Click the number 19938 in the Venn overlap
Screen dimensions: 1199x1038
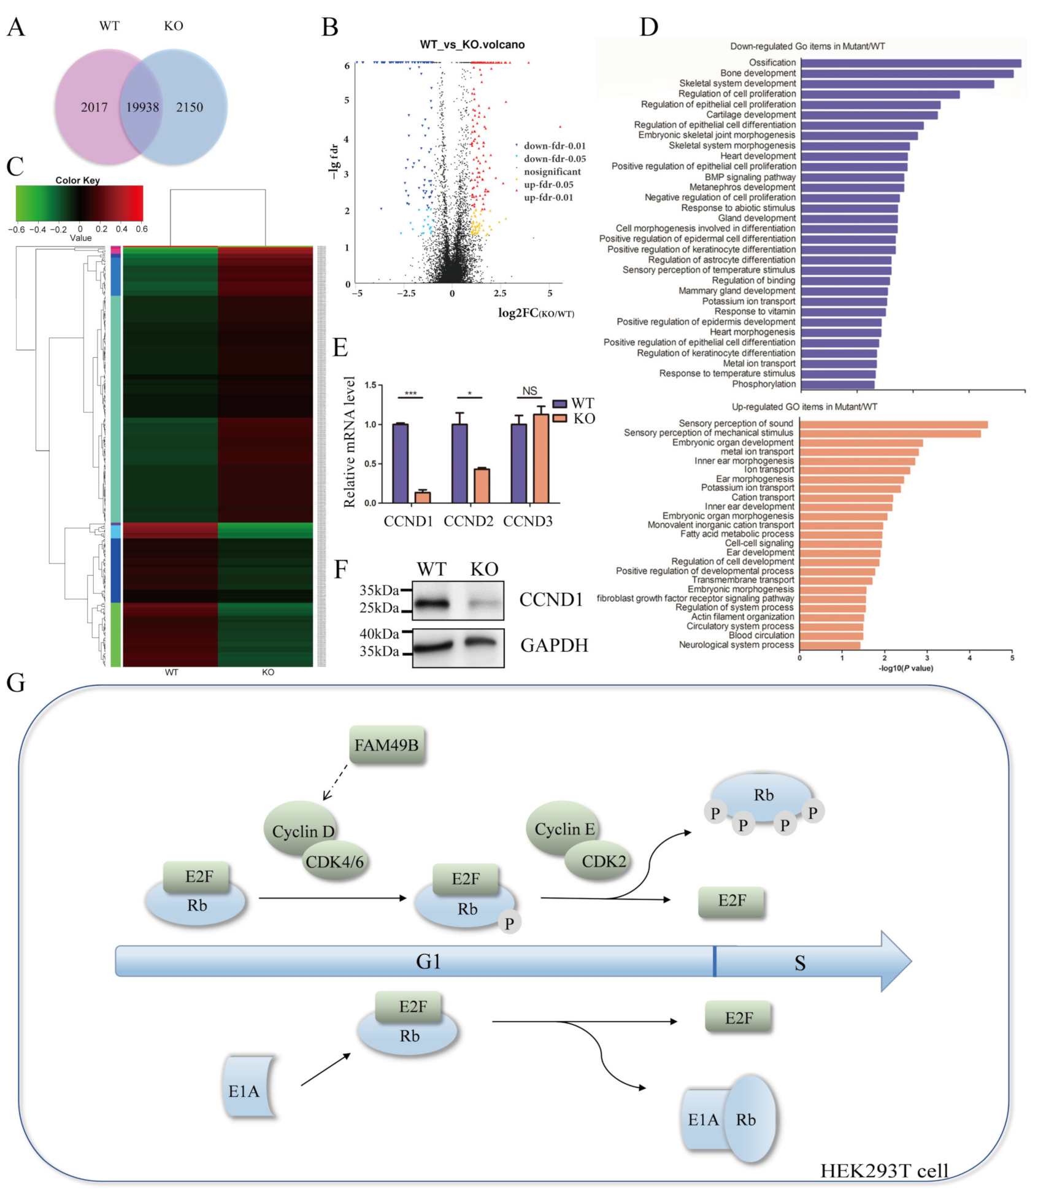(142, 107)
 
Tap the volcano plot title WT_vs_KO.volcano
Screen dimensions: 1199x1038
(472, 45)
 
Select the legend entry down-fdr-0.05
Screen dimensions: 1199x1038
(554, 159)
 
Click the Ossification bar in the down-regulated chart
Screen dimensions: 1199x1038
(910, 63)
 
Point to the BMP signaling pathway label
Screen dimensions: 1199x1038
(750, 177)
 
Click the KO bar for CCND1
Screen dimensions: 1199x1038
(422, 497)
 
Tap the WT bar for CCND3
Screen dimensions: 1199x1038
(519, 463)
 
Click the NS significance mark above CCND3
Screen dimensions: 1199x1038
(529, 391)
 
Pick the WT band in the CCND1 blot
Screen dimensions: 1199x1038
(433, 603)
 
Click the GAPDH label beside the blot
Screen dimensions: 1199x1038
(554, 645)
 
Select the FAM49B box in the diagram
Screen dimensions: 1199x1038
(386, 746)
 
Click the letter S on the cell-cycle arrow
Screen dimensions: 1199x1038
(799, 963)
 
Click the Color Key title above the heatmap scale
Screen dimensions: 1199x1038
(77, 180)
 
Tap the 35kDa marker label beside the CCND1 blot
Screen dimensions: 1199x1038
(379, 590)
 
